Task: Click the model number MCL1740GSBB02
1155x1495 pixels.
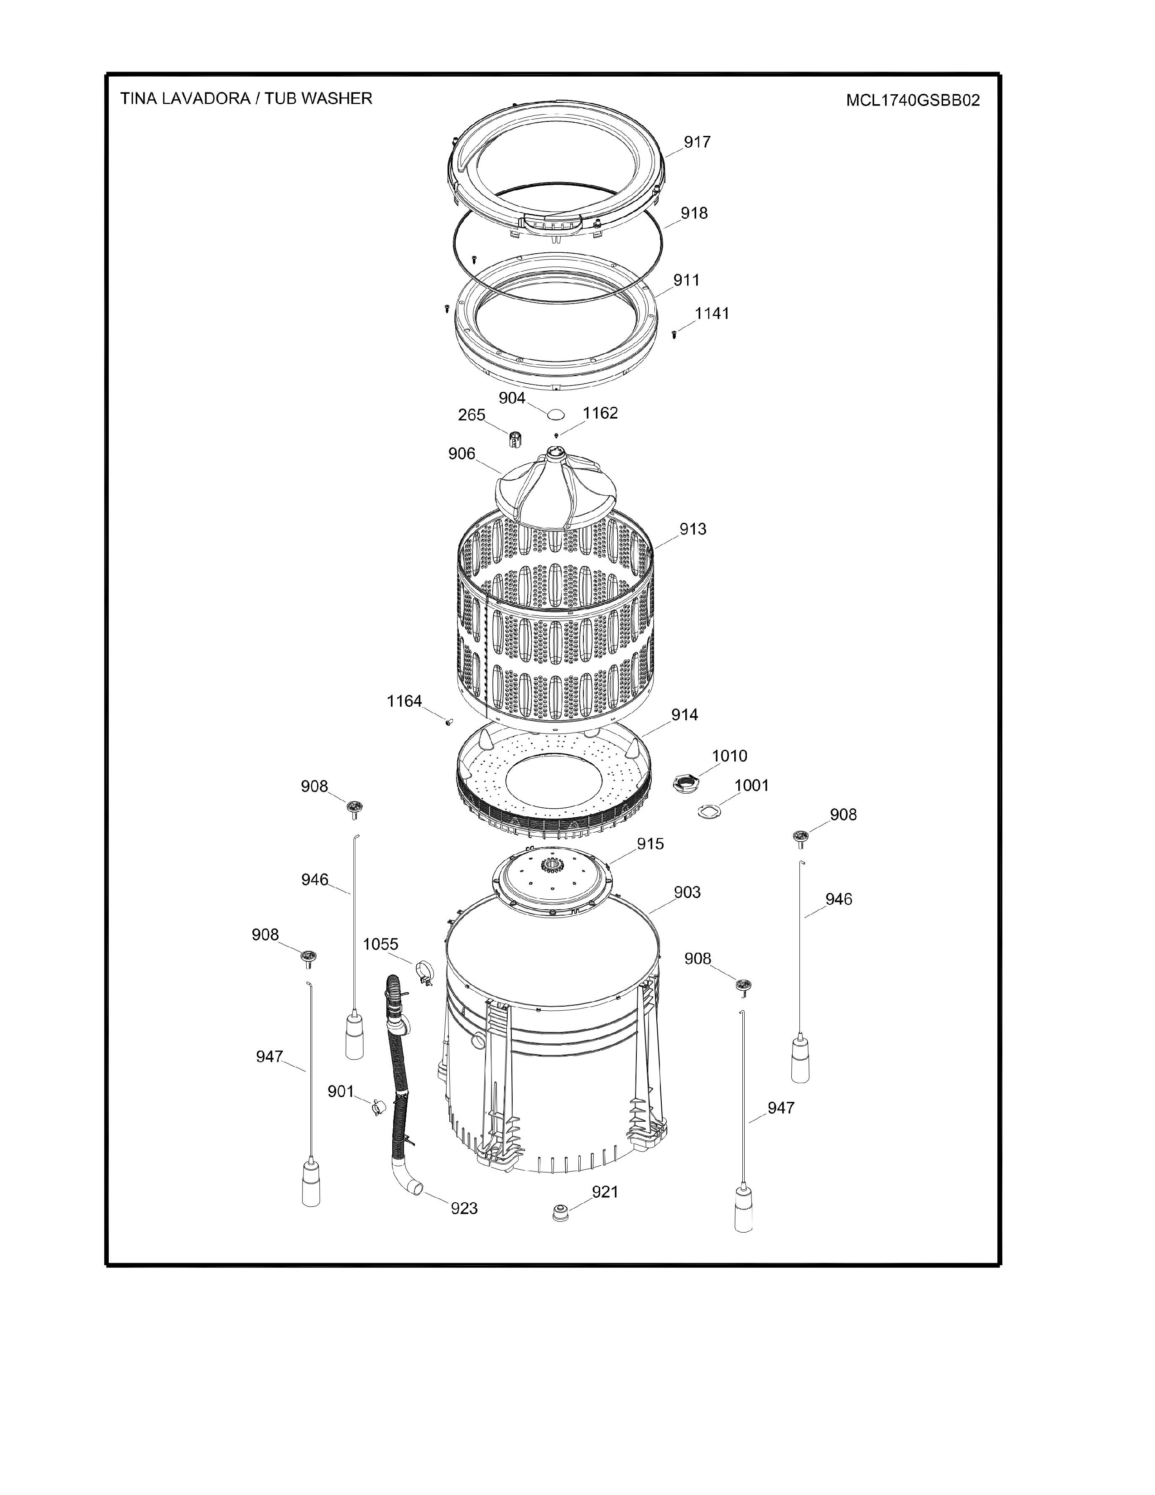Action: [913, 101]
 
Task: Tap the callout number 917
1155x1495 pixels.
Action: [697, 142]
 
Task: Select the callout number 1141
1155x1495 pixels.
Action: [712, 313]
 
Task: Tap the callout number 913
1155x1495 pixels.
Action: [693, 529]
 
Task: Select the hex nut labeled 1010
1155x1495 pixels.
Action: [684, 782]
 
